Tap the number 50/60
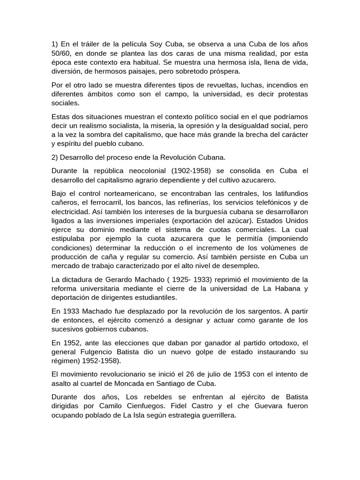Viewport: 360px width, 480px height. pyautogui.click(x=60, y=53)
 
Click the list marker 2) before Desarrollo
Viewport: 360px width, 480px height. pyautogui.click(x=55, y=157)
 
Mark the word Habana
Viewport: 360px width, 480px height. pyautogui.click(x=285, y=289)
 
